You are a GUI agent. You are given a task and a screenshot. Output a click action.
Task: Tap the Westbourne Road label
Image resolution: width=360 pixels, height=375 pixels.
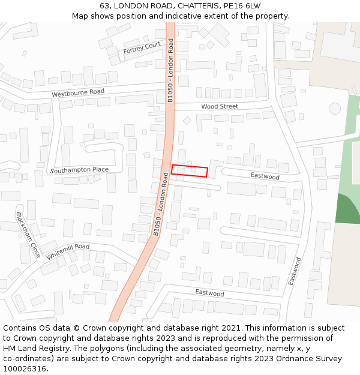78,93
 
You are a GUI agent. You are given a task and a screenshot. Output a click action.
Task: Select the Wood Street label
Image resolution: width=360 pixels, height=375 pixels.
220,106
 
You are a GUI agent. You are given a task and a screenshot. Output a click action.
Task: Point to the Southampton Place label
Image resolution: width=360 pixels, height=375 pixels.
80,170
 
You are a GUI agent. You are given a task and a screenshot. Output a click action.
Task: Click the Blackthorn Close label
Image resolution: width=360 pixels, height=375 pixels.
28,235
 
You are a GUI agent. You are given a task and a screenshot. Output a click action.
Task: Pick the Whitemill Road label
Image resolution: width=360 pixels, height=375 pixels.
68,251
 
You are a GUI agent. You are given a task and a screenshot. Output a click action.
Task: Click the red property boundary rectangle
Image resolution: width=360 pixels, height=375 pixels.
190,171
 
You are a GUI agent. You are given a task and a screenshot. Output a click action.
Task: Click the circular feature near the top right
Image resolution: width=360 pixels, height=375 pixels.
335,109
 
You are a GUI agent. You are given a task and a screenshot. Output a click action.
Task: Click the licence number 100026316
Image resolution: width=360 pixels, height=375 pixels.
25,369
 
